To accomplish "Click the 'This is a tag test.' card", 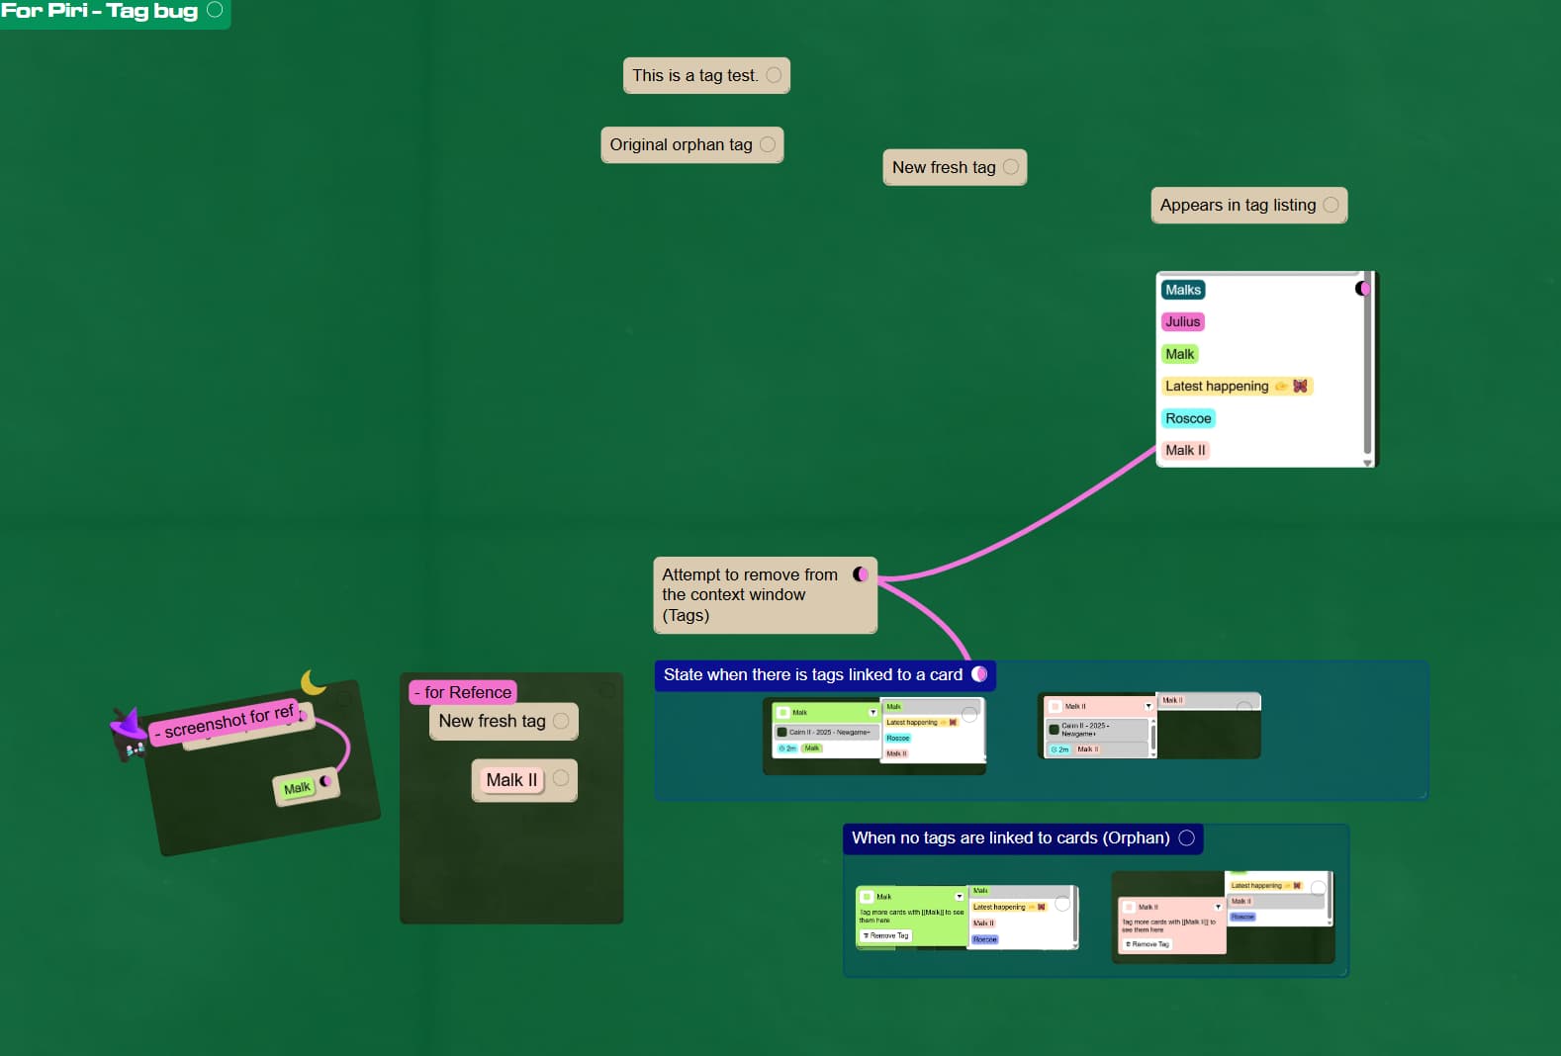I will click(695, 75).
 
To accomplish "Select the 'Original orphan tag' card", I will click(681, 144).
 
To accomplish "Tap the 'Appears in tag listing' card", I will click(1238, 206).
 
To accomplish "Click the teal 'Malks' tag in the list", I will click(1182, 290).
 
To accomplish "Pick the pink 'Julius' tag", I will click(1182, 321).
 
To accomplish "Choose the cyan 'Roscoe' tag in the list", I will click(1187, 418).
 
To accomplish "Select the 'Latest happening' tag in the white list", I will click(1217, 387).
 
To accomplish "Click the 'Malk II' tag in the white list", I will click(1184, 450).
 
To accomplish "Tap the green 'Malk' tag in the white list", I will click(1179, 354).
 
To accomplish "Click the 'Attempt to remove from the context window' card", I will click(749, 594).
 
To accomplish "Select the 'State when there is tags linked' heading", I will click(812, 675).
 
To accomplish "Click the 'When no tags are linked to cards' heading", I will click(1010, 838).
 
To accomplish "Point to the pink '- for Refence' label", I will click(463, 692).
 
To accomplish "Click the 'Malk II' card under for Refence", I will click(511, 780).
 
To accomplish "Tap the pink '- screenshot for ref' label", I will click(228, 722).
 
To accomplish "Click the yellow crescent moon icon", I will click(313, 682).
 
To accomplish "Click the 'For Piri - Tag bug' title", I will click(100, 12).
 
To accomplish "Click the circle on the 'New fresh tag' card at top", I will click(1011, 167).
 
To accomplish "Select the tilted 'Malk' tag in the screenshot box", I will click(297, 788).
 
